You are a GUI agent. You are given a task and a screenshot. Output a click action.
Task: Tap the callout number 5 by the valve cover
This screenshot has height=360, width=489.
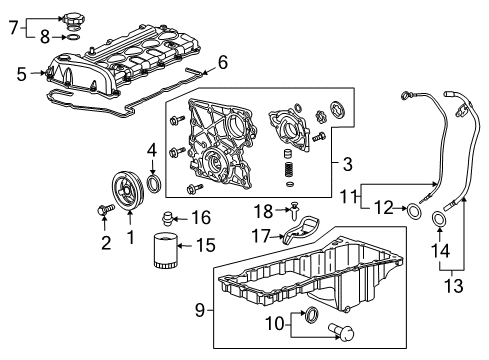coord(20,72)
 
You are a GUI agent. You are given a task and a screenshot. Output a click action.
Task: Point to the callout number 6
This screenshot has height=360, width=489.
coord(222,63)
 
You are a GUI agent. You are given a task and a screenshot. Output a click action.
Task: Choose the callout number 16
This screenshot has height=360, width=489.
coord(201,217)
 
